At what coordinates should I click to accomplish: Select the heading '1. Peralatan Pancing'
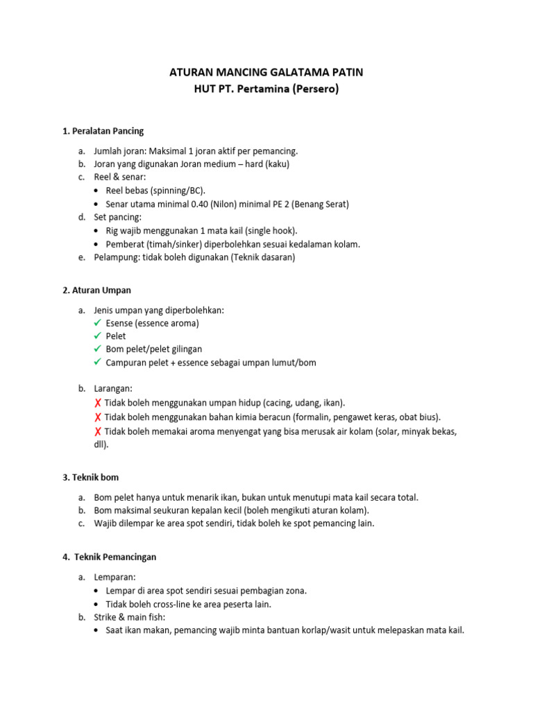pyautogui.click(x=103, y=131)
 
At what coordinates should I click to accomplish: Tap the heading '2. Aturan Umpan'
pyautogui.click(x=97, y=290)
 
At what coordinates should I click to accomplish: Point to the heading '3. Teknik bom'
pyautogui.click(x=91, y=478)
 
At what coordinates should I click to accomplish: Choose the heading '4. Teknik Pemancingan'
pyautogui.click(x=112, y=557)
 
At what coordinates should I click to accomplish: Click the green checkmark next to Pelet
pyautogui.click(x=98, y=336)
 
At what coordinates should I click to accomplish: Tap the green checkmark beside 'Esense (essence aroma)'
pyautogui.click(x=98, y=323)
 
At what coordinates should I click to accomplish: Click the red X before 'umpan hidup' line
pyautogui.click(x=98, y=403)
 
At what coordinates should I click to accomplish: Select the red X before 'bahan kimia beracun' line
pyautogui.click(x=98, y=417)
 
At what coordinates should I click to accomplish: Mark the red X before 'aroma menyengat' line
pyautogui.click(x=98, y=431)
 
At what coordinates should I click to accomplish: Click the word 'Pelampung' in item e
pyautogui.click(x=115, y=257)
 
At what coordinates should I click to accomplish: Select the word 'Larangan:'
pyautogui.click(x=113, y=388)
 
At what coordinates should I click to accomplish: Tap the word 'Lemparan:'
pyautogui.click(x=115, y=577)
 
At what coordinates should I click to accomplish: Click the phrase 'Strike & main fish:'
pyautogui.click(x=130, y=617)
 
